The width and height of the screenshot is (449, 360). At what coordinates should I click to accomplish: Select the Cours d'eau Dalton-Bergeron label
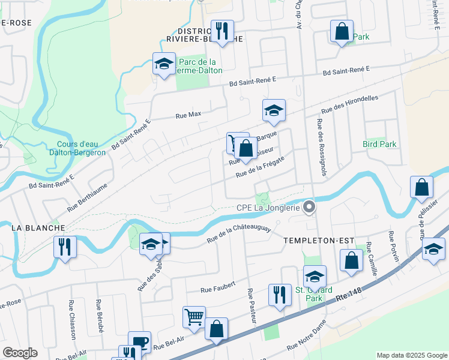coord(81,148)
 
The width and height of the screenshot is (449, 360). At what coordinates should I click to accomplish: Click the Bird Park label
coord(379,144)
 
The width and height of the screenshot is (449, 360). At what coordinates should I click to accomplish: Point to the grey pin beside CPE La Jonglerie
coord(310,207)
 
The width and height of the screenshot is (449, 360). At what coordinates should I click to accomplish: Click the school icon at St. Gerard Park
coord(315,276)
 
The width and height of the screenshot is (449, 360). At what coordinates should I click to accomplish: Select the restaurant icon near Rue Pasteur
coord(279,295)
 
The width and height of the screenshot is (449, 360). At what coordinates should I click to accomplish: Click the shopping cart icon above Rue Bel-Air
coord(194,317)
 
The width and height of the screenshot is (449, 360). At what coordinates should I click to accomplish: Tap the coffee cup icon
coord(139,341)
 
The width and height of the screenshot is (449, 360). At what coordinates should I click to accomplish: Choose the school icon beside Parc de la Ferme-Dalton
coord(163,64)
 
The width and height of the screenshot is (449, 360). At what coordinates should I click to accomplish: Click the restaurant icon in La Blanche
coord(65,247)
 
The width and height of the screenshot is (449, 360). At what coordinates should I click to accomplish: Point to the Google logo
coord(20,353)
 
